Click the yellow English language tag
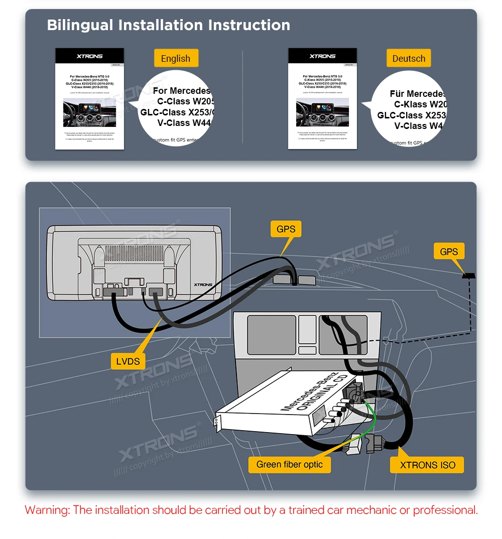click(176, 58)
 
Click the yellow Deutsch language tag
click(409, 58)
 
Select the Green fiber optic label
click(290, 464)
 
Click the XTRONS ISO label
click(428, 465)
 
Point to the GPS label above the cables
click(286, 229)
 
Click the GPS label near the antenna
click(449, 251)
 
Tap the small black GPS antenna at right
click(469, 275)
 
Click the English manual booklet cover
click(89, 98)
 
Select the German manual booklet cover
click(322, 98)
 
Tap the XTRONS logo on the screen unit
click(203, 285)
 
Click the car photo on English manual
click(89, 113)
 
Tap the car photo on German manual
click(322, 113)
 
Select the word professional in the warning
click(444, 510)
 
